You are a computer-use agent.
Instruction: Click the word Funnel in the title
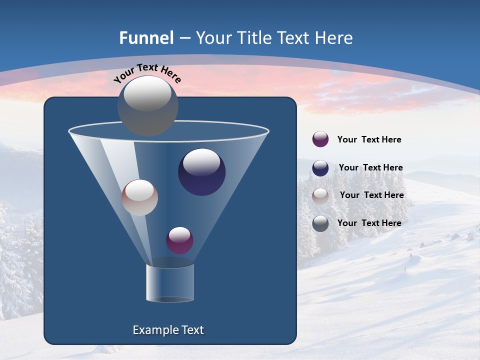(x=146, y=38)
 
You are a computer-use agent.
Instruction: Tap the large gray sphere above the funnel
(x=148, y=106)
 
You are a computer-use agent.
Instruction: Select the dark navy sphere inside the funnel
(x=202, y=172)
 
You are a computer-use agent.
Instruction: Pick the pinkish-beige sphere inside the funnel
(x=139, y=197)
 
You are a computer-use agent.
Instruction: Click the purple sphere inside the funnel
(x=179, y=240)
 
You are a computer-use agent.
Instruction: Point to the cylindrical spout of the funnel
(x=169, y=283)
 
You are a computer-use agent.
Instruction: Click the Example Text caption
(x=168, y=330)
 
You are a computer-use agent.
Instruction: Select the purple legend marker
(x=320, y=139)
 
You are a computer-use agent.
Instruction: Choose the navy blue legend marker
(x=320, y=168)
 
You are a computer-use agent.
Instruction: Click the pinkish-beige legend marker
(x=320, y=196)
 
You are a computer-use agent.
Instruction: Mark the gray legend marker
(x=320, y=223)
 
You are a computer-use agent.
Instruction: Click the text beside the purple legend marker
(x=369, y=140)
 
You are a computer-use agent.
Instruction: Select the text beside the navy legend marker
(x=370, y=168)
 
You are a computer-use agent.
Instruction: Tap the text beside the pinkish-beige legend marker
(x=371, y=195)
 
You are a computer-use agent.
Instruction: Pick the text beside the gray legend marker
(x=369, y=223)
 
